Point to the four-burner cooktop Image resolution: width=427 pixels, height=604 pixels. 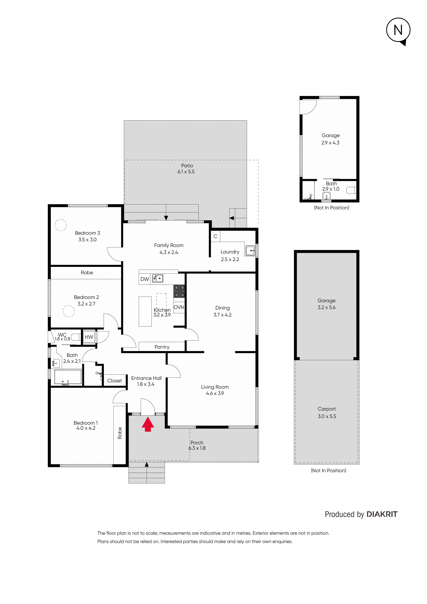[x=179, y=291]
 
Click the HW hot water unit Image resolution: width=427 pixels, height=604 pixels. [x=89, y=337]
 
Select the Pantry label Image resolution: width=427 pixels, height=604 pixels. [x=162, y=347]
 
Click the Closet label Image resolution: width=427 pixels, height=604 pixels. [x=114, y=381]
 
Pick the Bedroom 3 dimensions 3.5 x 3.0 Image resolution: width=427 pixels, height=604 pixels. [x=87, y=240]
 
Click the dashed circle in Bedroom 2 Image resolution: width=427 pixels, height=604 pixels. [x=69, y=311]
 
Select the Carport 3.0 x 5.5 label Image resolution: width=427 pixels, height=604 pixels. [x=327, y=413]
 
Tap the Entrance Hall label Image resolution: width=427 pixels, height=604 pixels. [x=146, y=378]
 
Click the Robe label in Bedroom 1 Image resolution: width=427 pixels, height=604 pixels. [x=120, y=433]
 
